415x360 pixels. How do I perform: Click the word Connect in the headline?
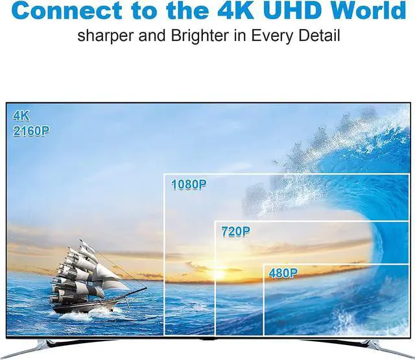[x=67, y=10]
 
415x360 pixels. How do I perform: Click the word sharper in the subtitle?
[x=106, y=36]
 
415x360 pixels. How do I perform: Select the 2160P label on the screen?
[x=31, y=131]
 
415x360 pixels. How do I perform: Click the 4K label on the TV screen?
[x=21, y=115]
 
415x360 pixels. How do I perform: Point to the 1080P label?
[x=189, y=184]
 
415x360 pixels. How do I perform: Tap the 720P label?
[x=235, y=232]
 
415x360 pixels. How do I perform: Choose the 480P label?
[x=283, y=273]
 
